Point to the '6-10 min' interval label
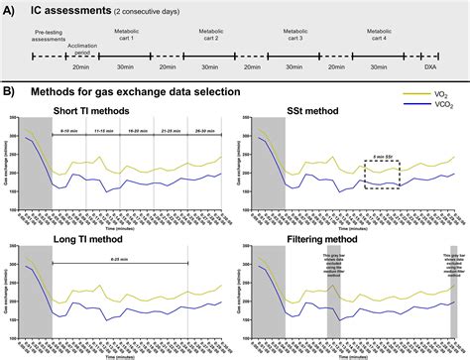click(69, 130)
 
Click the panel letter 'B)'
click(9, 91)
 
